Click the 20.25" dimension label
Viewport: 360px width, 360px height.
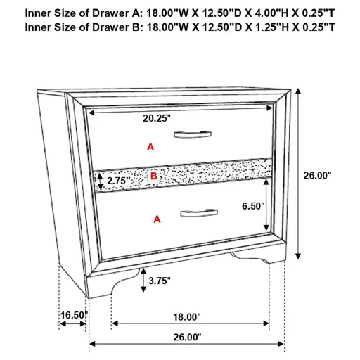(157, 119)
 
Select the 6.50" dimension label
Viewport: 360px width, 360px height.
(251, 206)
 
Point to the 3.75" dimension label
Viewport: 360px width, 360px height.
(160, 281)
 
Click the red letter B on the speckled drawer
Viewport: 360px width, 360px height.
(154, 176)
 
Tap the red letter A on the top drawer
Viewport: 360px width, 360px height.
(149, 147)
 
